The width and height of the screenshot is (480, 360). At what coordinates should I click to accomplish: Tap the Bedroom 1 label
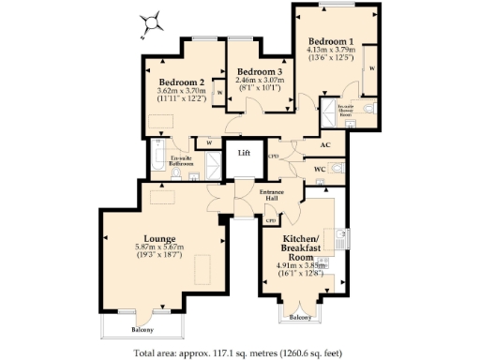pyautogui.click(x=332, y=41)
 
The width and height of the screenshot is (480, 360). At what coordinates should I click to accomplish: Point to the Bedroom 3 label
pyautogui.click(x=259, y=72)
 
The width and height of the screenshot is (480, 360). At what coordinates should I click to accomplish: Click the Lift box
pyautogui.click(x=244, y=152)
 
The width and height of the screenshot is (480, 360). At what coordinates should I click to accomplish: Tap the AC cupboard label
pyautogui.click(x=326, y=145)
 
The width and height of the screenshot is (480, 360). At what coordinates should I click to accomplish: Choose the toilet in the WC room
pyautogui.click(x=337, y=168)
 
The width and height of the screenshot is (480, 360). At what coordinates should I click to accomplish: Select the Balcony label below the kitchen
pyautogui.click(x=300, y=319)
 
